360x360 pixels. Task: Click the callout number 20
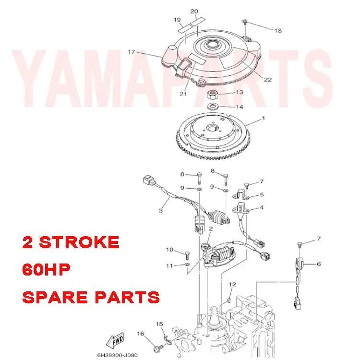[x=194, y=11]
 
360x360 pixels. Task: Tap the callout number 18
[x=278, y=31]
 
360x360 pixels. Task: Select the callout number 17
[x=132, y=52]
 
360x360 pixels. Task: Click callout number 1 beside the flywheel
[x=263, y=118]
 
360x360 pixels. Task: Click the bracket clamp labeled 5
[x=243, y=194]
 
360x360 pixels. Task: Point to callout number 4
[x=262, y=208]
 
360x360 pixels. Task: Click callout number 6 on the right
[x=318, y=264]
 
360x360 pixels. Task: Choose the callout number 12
[x=232, y=285]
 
